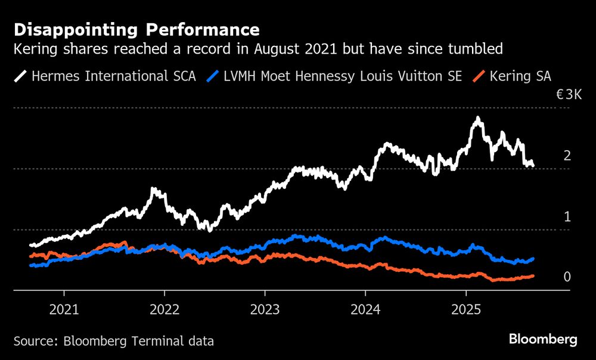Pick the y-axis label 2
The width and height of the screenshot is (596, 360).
pos(567,156)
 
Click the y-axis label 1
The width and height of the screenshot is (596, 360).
pos(567,217)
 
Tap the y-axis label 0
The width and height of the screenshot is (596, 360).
pos(567,277)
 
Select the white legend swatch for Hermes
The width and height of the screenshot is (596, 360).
pos(20,76)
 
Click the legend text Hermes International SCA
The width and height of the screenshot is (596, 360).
pos(113,76)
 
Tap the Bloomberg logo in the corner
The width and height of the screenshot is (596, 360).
pos(543,340)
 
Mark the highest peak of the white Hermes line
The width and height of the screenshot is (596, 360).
pos(477,119)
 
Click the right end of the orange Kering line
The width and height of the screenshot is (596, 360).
pos(532,276)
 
